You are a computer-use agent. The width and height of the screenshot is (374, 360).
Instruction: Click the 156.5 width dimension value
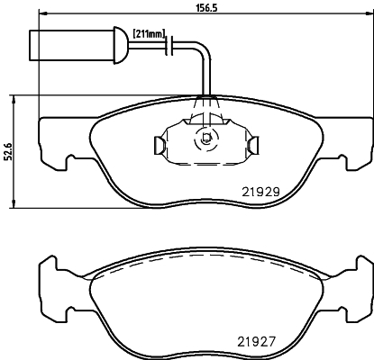pos(206,7)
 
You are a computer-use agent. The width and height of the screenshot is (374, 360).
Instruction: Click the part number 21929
pos(260,192)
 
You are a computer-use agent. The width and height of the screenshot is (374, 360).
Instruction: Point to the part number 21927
pos(257,342)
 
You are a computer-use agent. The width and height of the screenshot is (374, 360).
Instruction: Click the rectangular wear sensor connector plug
pos(71,45)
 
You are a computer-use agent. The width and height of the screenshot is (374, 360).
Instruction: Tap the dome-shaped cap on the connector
pos(121,45)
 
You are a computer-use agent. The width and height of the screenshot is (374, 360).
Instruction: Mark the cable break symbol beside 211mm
pos(169,46)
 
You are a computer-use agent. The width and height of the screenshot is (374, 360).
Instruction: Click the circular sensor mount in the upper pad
pos(206,139)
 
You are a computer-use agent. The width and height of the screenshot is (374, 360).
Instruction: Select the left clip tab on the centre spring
pos(159,146)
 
